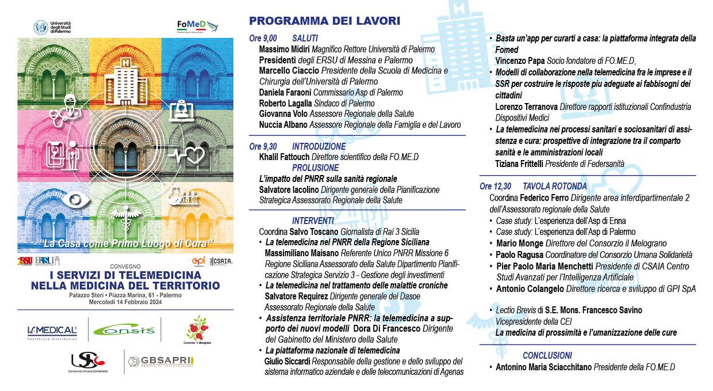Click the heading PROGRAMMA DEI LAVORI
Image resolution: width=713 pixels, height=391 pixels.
[x=324, y=21]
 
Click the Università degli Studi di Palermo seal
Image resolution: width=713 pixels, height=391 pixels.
[x=41, y=27]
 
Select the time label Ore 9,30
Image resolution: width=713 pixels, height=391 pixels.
[x=263, y=146]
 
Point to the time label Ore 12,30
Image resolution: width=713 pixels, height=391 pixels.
[x=495, y=186]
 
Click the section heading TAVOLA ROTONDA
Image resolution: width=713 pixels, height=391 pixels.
[x=554, y=186]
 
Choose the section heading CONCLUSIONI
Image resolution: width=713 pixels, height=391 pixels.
[x=547, y=355]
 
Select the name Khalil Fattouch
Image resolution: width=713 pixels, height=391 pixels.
[x=285, y=157]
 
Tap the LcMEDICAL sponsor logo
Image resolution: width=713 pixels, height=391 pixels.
[x=52, y=331]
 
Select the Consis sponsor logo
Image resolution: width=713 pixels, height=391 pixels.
[x=124, y=330]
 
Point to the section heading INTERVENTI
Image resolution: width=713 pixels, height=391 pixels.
[x=313, y=220]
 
